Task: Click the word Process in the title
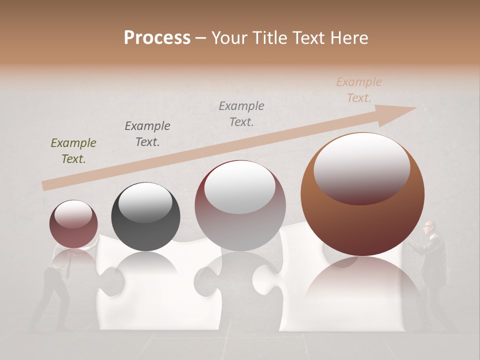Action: [x=157, y=38]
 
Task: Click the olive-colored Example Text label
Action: [x=73, y=151]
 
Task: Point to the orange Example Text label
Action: [x=359, y=90]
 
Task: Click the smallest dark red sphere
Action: [x=73, y=224]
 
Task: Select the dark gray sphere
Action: [x=145, y=217]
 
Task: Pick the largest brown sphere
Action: [x=362, y=195]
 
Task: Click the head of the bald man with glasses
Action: [x=429, y=228]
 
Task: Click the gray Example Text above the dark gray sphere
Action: [x=147, y=133]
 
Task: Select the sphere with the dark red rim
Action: [x=240, y=206]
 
